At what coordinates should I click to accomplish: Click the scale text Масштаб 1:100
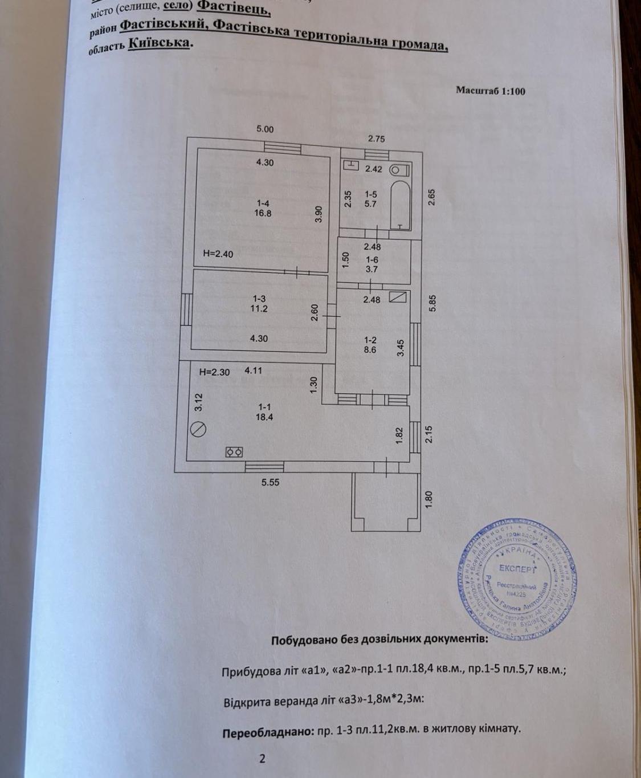click(490, 91)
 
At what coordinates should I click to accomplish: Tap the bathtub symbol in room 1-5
click(400, 206)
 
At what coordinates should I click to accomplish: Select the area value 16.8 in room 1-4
click(263, 213)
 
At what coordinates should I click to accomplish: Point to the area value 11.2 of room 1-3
click(259, 308)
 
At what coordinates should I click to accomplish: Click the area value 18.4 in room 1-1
click(264, 417)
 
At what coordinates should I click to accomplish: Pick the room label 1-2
click(370, 340)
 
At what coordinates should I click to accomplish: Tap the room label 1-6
click(371, 260)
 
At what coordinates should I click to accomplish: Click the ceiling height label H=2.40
click(218, 254)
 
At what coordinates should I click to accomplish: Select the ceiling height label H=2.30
click(214, 372)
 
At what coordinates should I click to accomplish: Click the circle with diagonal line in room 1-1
click(198, 429)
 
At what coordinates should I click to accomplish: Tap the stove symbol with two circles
click(234, 452)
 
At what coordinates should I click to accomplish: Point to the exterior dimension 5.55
click(271, 482)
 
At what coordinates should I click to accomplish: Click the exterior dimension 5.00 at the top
click(265, 129)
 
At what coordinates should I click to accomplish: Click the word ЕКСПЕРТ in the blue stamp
click(517, 568)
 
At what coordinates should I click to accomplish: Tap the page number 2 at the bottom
click(262, 758)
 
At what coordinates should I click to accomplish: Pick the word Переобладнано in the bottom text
click(266, 732)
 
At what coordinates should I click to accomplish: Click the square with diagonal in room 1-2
click(398, 297)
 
